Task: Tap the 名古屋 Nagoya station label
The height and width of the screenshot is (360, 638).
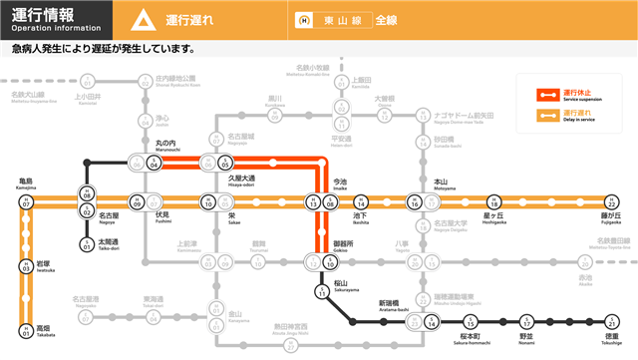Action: [x=108, y=216]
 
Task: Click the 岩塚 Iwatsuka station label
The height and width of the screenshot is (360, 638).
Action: [x=46, y=267]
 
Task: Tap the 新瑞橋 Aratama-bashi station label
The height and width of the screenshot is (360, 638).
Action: [x=390, y=304]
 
